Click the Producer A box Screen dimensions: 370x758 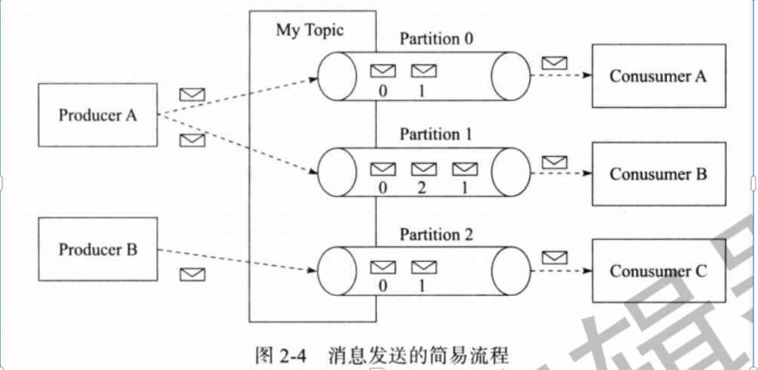point(98,115)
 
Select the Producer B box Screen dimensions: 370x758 point(98,249)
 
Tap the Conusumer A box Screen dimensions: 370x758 point(658,76)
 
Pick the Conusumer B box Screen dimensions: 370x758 point(658,174)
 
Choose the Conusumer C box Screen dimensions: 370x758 point(658,271)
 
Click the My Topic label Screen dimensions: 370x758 point(310,30)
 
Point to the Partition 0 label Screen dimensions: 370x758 point(436,39)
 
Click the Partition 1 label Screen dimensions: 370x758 point(436,135)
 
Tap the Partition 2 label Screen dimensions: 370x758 point(436,235)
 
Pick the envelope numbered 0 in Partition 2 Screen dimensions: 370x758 point(383,267)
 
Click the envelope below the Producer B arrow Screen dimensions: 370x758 point(193,275)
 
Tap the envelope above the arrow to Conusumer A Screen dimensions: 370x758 point(555,62)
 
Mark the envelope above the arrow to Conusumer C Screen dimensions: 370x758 point(555,257)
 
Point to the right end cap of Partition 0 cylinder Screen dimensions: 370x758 point(511,76)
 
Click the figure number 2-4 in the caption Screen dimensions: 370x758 point(288,354)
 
